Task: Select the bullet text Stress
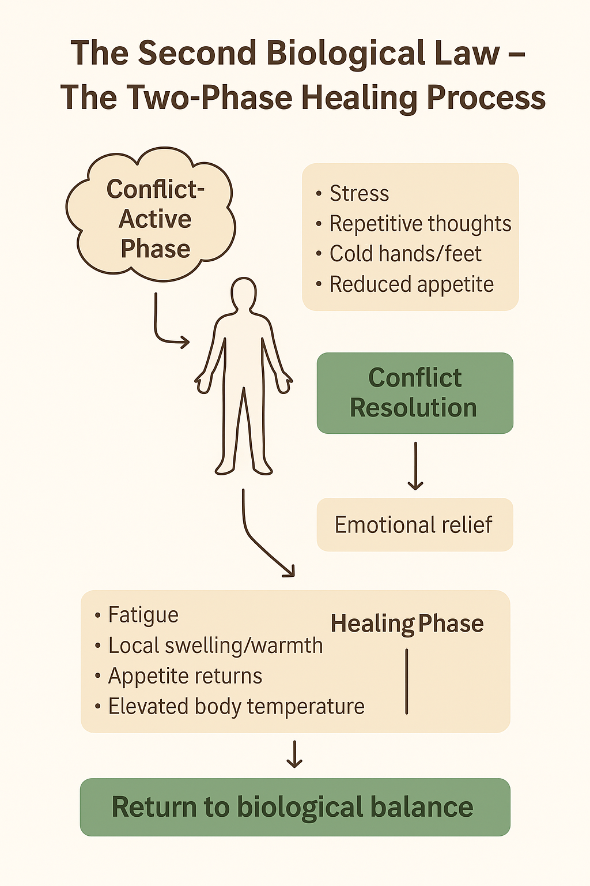click(x=359, y=194)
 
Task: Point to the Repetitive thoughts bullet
click(x=420, y=224)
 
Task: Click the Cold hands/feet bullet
click(x=405, y=254)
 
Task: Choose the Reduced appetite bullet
click(x=411, y=284)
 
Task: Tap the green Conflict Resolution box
click(x=414, y=393)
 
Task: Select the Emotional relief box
click(x=414, y=525)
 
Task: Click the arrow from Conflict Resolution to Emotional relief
click(x=415, y=465)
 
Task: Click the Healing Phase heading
click(x=407, y=624)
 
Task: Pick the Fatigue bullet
click(x=143, y=615)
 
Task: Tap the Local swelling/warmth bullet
click(x=215, y=645)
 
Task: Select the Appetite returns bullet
click(x=185, y=676)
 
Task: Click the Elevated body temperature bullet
click(x=236, y=707)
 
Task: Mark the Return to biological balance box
click(x=295, y=807)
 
